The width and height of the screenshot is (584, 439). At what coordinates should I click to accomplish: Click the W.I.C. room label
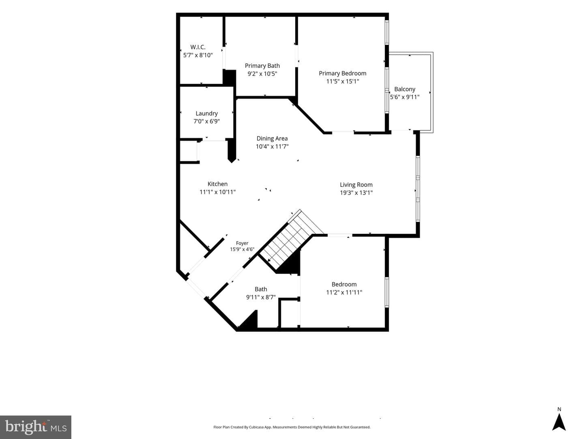198,47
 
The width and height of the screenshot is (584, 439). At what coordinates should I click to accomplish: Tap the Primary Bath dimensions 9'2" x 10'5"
262,74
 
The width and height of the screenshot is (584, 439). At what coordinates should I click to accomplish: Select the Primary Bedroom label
342,73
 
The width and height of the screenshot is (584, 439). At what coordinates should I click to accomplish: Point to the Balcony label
405,89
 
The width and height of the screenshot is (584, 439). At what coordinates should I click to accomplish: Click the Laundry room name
206,113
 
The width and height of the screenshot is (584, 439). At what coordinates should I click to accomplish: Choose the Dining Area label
272,138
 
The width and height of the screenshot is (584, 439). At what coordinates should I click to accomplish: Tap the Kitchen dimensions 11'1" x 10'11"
218,192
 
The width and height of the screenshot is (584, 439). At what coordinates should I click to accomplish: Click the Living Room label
356,185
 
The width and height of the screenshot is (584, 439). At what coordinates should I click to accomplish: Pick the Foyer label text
242,243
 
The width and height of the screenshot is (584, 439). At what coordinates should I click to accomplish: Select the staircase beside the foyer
291,239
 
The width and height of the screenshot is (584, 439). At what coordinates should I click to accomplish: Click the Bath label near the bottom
261,289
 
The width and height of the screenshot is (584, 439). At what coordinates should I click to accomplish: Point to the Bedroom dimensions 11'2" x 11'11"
344,292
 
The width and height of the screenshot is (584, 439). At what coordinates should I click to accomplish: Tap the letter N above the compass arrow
559,409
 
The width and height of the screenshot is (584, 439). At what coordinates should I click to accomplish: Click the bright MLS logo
36,427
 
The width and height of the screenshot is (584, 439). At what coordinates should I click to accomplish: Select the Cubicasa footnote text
292,427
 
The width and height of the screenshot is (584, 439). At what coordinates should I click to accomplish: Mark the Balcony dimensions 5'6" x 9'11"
405,97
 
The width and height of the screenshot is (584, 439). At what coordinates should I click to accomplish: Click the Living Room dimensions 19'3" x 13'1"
356,192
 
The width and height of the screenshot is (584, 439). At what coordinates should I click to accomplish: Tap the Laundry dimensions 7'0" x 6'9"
206,121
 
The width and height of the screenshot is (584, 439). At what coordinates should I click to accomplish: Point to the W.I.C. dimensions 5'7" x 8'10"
198,55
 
